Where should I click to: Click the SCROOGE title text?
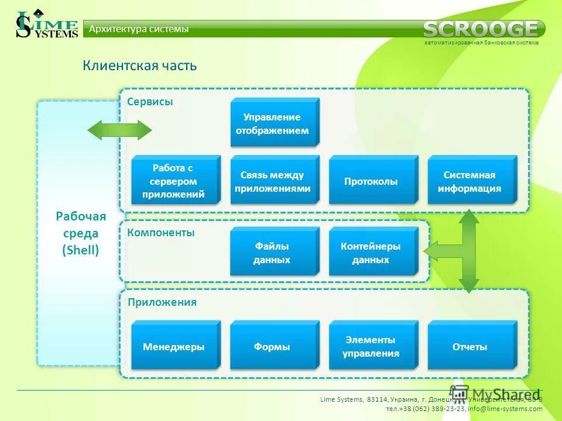[x=481, y=29]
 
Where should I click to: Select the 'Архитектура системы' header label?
[x=139, y=29]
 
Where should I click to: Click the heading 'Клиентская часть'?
[x=139, y=65]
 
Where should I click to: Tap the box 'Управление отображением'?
[x=273, y=123]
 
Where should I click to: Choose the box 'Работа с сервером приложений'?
[x=174, y=181]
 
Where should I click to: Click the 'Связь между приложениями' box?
[x=273, y=181]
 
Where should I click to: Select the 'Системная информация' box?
[x=470, y=181]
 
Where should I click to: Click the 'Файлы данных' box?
[x=273, y=253]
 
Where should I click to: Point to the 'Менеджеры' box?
[x=174, y=347]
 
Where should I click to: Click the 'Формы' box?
[x=273, y=347]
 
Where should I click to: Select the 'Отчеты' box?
[x=470, y=347]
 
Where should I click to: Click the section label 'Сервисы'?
[x=150, y=102]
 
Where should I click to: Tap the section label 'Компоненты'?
[x=161, y=232]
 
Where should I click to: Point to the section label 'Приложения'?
[x=162, y=302]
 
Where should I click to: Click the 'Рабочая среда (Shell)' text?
[x=81, y=233]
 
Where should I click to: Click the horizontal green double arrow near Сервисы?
[x=119, y=129]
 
